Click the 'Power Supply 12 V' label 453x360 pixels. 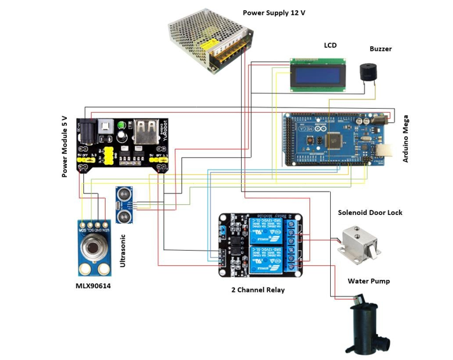pos(274,13)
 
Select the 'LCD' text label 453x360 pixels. pos(330,45)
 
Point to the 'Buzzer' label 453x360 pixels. pos(380,49)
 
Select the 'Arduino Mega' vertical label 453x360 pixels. pos(406,139)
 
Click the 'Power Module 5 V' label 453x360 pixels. pos(64,146)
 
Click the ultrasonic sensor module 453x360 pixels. pos(125,205)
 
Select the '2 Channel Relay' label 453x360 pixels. pos(258,290)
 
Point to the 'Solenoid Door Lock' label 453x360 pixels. pos(370,212)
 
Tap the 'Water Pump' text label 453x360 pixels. pos(368,280)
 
